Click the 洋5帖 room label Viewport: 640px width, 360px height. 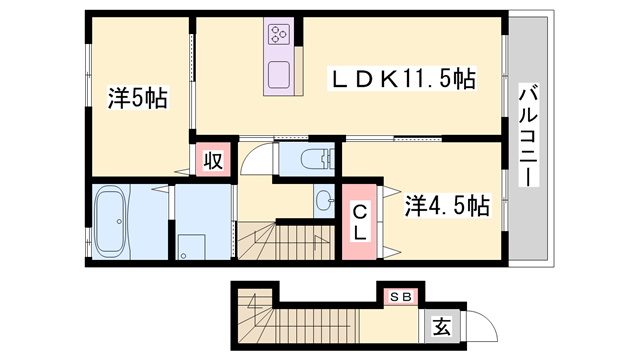(137, 98)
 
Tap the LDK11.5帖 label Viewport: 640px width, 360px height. (403, 78)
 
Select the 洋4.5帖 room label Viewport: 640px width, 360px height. (446, 206)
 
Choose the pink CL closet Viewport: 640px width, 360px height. (360, 220)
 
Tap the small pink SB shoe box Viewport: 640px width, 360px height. (401, 297)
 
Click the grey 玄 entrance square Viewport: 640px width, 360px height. (440, 326)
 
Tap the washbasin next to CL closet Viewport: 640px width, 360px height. (324, 200)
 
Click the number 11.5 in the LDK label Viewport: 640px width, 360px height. (429, 78)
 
